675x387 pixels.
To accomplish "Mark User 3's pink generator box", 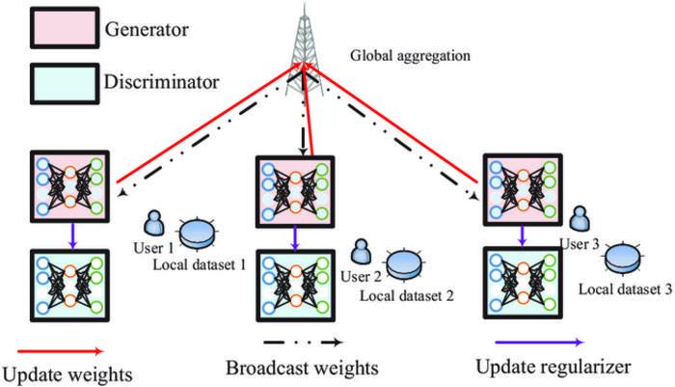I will [522, 189].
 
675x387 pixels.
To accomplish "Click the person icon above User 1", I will [154, 222].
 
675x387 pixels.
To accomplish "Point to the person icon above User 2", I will [363, 252].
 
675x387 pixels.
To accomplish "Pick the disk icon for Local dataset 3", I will [628, 258].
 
